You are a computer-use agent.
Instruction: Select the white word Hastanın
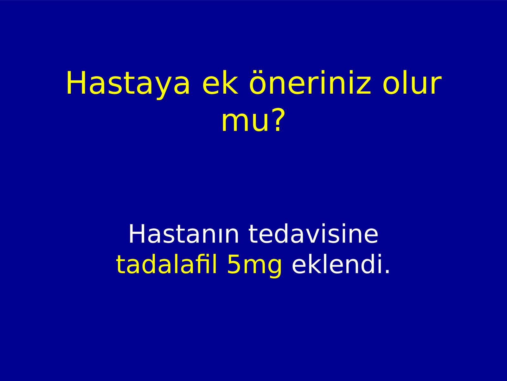tap(183, 234)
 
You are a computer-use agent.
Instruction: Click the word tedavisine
tap(313, 234)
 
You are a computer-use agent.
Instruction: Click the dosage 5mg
tap(254, 266)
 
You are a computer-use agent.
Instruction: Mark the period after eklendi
tap(387, 271)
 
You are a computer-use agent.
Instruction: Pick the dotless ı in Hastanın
tap(217, 237)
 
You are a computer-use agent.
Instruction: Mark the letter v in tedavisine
tap(318, 237)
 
